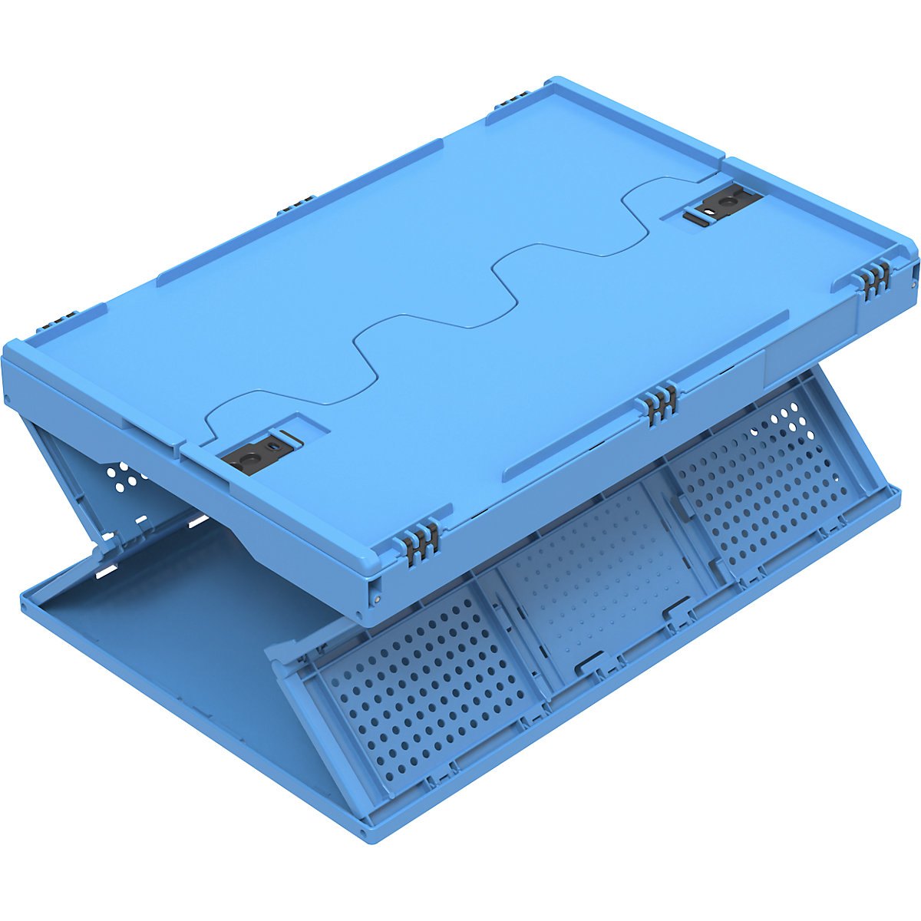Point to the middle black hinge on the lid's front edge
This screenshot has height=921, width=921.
(x=661, y=401)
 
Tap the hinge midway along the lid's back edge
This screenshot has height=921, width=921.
(x=293, y=206)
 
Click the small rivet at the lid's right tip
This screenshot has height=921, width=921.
(x=913, y=282)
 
